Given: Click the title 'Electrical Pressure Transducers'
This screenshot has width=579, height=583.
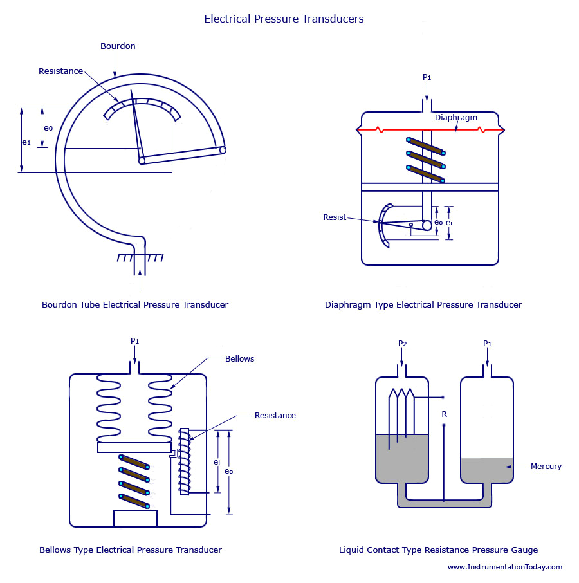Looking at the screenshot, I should (x=284, y=19).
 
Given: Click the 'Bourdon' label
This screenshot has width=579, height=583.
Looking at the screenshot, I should (x=118, y=46).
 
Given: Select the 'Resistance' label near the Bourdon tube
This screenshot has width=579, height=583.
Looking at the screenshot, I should (x=60, y=71).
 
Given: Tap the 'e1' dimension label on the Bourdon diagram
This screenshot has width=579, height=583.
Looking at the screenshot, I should (x=26, y=142).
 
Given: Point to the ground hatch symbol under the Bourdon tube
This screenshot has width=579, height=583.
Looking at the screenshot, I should (x=140, y=257).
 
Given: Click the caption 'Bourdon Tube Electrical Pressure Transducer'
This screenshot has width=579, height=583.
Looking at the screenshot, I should (x=135, y=304).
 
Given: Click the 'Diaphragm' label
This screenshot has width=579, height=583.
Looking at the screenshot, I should (x=456, y=118).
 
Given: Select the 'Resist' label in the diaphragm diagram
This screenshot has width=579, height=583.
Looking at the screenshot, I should (x=335, y=217).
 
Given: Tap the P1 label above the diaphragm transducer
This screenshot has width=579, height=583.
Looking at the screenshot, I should (x=427, y=77).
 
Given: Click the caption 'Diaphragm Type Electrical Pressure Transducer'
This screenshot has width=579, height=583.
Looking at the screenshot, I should (x=423, y=304).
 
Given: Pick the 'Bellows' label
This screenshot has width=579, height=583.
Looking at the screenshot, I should (x=239, y=358).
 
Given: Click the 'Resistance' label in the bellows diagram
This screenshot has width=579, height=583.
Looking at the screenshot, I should (x=275, y=416).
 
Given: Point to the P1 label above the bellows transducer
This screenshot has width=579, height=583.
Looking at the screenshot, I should (x=134, y=341).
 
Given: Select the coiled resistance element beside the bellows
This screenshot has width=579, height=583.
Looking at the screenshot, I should (x=185, y=461).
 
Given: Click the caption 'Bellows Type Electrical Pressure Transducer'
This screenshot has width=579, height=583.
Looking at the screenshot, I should (x=131, y=550).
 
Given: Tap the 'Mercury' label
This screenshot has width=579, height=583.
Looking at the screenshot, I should (x=546, y=467).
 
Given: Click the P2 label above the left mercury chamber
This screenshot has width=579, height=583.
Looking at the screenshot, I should (x=402, y=344).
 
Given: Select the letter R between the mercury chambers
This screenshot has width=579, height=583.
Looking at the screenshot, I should (x=444, y=414).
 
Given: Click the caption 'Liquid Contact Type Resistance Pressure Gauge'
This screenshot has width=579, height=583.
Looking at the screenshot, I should (x=438, y=550).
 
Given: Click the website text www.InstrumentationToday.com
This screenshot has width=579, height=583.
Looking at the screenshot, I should (x=504, y=567).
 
